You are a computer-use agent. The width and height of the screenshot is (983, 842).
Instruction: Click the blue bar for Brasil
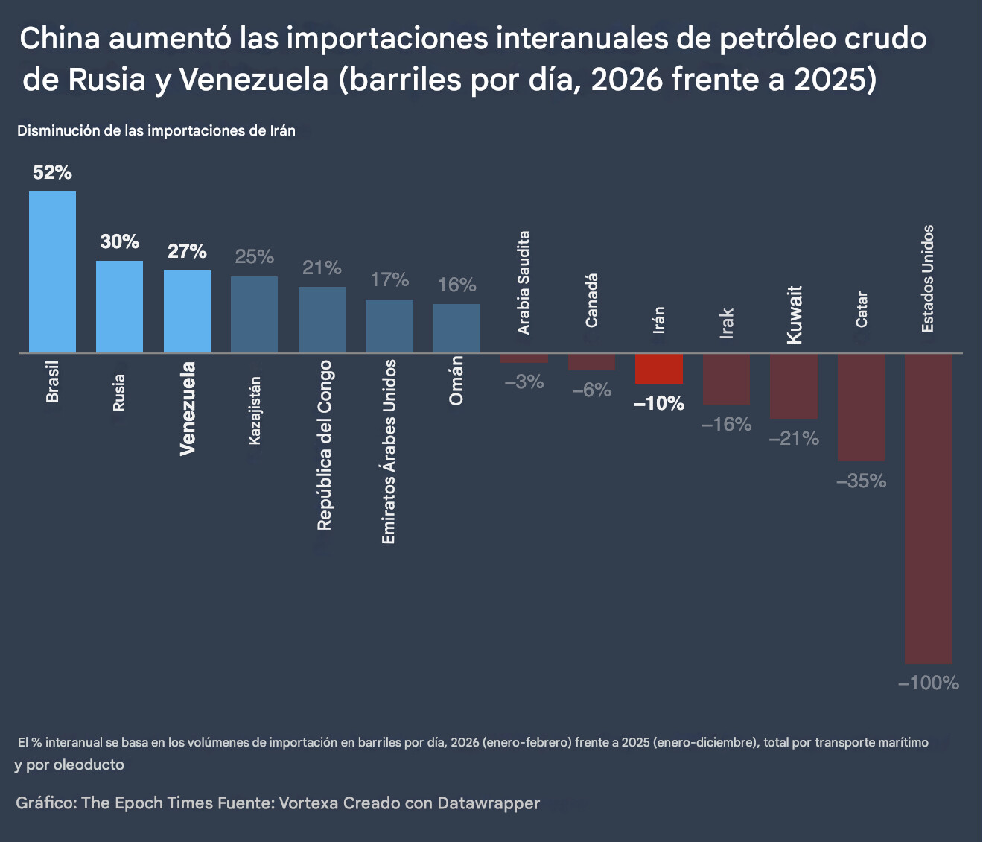coord(52,272)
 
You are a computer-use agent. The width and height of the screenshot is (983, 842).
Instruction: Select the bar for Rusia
coord(119,306)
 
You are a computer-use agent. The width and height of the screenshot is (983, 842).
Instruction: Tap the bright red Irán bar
coord(659,368)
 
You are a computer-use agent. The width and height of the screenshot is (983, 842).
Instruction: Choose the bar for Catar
coord(861,407)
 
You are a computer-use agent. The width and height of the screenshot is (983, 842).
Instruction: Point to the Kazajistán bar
coord(254,314)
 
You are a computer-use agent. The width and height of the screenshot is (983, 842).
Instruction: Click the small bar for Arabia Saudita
coord(524,358)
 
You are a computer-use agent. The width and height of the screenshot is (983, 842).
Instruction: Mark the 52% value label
coord(52,173)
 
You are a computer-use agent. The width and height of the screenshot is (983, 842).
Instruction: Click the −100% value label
coord(928,683)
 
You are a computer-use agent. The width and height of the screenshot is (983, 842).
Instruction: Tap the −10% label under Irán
coord(659,404)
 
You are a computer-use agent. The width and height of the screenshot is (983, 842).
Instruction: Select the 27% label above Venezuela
coord(187,251)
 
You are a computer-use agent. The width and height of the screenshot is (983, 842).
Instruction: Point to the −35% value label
coord(861,481)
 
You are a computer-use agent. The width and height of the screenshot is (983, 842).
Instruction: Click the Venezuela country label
coord(188,408)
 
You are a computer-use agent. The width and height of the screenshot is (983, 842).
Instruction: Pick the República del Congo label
coord(324,445)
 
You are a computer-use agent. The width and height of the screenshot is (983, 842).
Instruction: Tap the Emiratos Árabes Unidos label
coord(389,451)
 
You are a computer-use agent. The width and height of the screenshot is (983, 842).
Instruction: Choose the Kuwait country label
coord(795,314)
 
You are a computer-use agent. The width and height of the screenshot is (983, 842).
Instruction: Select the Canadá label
coord(591,300)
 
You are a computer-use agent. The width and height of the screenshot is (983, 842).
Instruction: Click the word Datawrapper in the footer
coord(489,803)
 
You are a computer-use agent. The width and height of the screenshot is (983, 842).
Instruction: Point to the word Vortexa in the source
coord(309,803)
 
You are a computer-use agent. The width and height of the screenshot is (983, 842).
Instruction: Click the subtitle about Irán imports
coord(156,131)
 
